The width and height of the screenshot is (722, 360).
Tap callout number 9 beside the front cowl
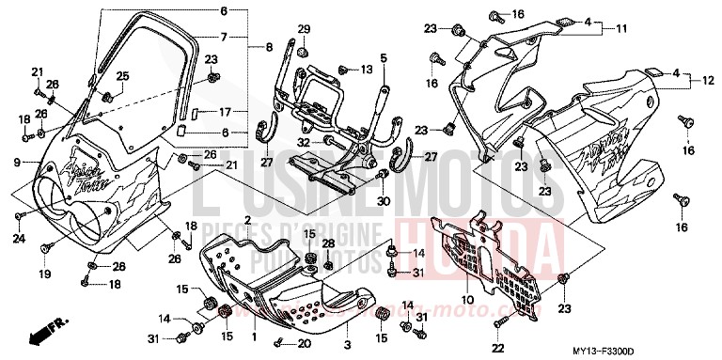(16, 163)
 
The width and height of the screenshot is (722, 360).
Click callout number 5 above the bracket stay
(384, 58)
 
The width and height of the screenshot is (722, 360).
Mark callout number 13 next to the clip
(368, 70)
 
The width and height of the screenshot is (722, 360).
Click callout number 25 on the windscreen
(122, 76)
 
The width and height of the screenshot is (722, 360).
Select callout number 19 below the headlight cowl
(44, 274)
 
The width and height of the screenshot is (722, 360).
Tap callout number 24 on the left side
(18, 239)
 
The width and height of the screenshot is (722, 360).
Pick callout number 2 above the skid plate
(246, 219)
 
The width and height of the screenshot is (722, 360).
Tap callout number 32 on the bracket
(304, 143)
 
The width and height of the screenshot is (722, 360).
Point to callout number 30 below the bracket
(384, 201)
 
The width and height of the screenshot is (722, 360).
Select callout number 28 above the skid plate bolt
(328, 243)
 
